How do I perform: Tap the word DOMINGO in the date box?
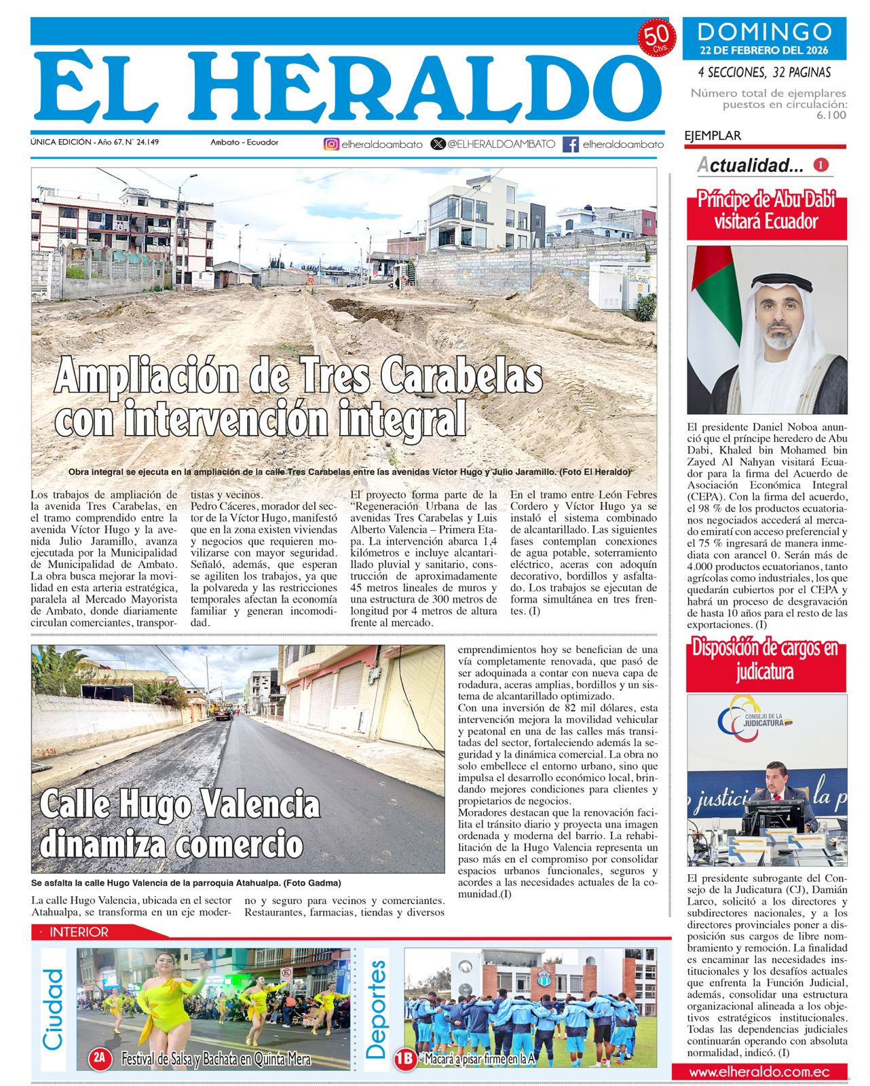click(764, 31)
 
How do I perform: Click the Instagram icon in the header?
click(331, 144)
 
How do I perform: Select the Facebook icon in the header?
click(571, 144)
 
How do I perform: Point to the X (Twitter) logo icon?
click(438, 144)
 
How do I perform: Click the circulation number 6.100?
click(831, 115)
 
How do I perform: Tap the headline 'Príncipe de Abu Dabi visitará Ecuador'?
click(766, 210)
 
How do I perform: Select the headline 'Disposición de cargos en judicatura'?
click(765, 660)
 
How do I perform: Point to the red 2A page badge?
click(100, 1057)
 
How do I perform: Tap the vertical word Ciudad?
click(53, 1009)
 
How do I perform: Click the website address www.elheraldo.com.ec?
click(759, 1072)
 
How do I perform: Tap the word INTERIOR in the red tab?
click(79, 932)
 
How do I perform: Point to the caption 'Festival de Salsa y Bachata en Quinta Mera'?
click(216, 1059)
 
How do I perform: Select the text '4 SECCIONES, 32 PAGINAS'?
click(764, 73)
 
